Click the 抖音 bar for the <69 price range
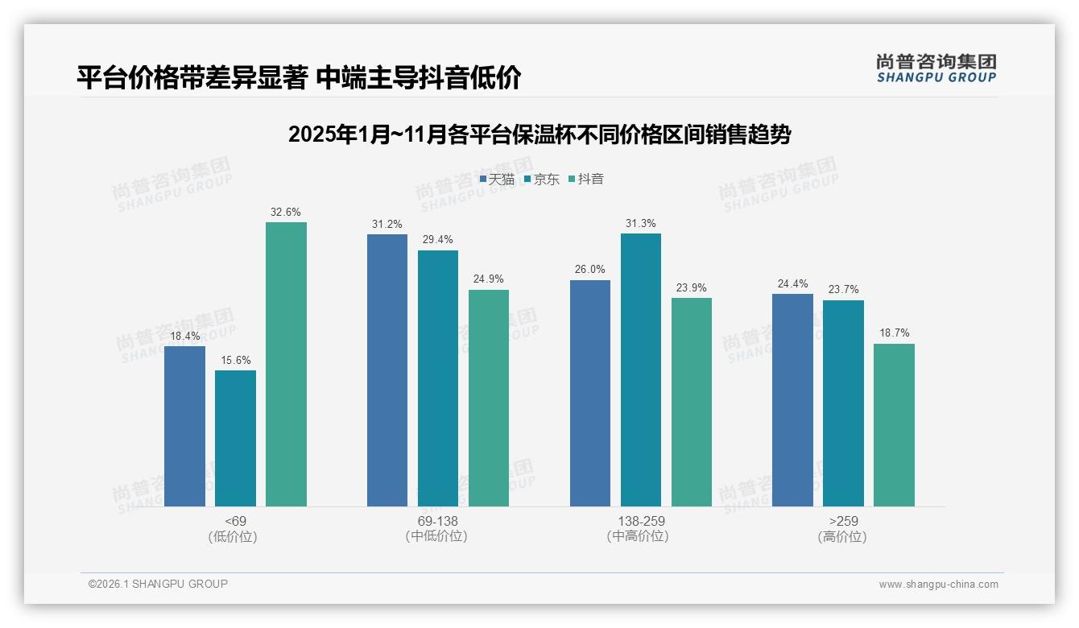286,364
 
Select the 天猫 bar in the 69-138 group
387,370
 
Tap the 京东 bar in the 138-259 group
640,370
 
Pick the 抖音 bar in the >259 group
894,425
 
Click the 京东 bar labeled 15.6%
235,438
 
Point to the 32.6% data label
286,213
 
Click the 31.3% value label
640,224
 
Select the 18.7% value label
894,333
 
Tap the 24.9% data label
489,279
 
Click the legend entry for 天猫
497,180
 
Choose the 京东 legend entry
542,180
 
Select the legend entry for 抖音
587,180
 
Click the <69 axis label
235,521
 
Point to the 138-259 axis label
641,521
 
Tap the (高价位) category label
842,537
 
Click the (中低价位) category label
437,537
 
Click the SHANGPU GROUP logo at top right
936,68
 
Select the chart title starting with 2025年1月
539,134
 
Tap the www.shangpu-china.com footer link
938,585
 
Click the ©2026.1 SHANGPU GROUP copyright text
158,584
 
